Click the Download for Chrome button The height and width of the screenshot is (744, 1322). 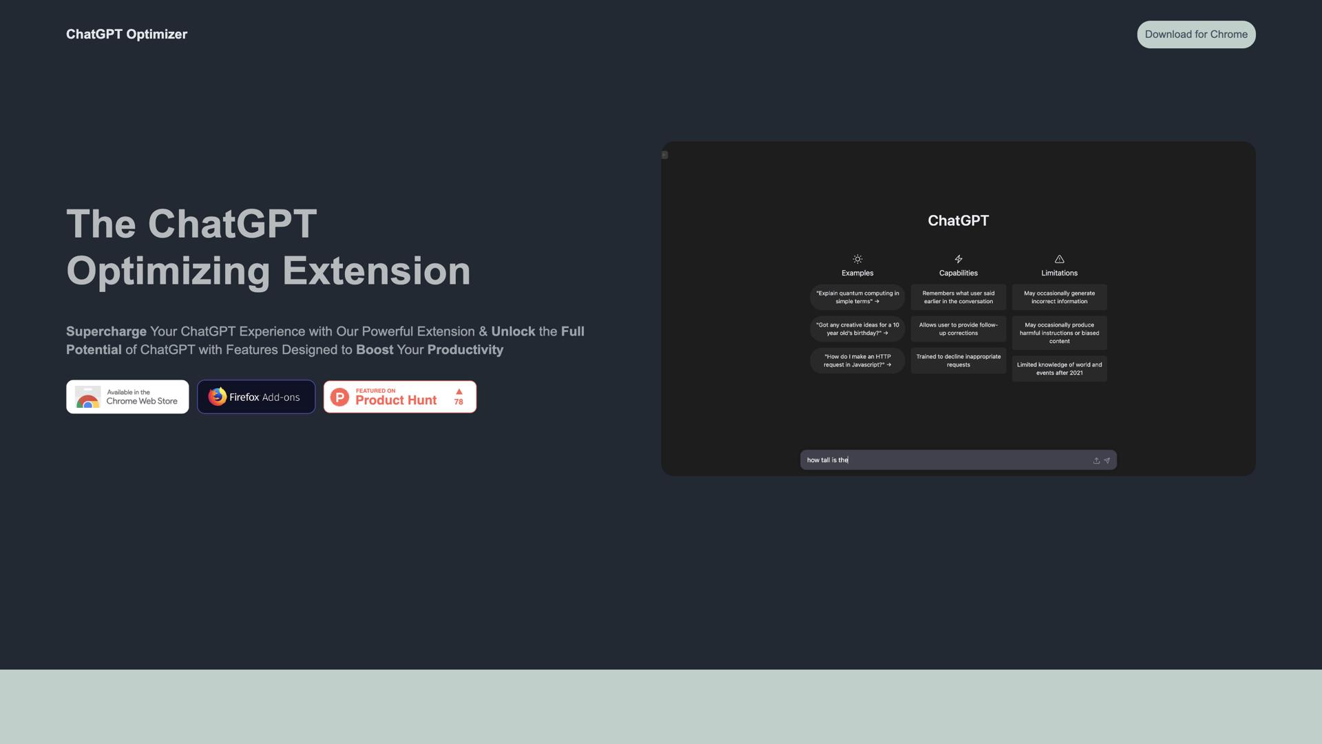1196,34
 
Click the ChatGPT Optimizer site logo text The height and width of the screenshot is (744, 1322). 127,34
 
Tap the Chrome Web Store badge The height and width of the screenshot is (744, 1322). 127,397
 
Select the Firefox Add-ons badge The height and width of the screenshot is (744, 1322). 256,397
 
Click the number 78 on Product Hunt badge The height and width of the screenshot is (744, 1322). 459,402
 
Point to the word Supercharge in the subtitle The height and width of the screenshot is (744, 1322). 106,331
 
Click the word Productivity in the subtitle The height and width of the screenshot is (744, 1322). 465,350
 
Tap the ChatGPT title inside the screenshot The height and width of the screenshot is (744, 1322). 958,220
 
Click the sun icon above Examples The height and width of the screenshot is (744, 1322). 857,259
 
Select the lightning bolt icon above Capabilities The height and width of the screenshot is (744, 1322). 958,259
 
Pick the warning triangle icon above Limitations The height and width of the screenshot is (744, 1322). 1059,259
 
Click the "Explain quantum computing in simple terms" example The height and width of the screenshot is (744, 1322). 857,297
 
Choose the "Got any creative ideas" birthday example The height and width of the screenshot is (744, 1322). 857,329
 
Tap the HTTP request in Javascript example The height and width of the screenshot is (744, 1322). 857,360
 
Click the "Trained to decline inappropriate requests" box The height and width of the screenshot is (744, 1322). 958,360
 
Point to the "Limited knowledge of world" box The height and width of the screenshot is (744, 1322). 1059,369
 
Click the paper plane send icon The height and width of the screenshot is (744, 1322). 1107,460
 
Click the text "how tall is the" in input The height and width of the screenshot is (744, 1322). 828,460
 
